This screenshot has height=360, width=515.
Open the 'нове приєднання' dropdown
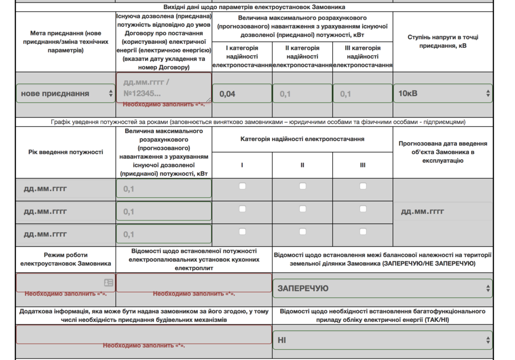[x=65, y=93]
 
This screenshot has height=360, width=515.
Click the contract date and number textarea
[x=164, y=87]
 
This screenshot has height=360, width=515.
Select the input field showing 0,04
[x=242, y=94]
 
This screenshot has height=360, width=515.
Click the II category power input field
[x=302, y=94]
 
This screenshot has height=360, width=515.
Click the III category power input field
[x=363, y=94]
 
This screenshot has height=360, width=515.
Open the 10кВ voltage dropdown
[x=443, y=93]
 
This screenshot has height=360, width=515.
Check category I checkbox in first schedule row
[x=242, y=186]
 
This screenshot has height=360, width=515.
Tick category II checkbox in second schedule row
[x=302, y=209]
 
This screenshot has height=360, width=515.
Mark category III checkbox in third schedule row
[x=363, y=232]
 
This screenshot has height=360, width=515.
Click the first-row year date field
[x=65, y=188]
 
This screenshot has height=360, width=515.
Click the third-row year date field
[x=65, y=234]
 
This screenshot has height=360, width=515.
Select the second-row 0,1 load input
[x=164, y=211]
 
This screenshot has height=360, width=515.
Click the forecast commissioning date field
[x=443, y=211]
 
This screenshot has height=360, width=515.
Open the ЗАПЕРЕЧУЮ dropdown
[x=382, y=288]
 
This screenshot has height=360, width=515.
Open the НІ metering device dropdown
[x=382, y=340]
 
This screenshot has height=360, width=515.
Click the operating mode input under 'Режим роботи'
[x=65, y=282]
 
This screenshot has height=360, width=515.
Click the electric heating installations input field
[x=194, y=282]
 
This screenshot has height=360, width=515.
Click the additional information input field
[x=144, y=334]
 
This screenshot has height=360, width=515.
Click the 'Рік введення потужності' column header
[x=65, y=152]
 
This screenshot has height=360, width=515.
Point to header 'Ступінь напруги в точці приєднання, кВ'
[x=443, y=41]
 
